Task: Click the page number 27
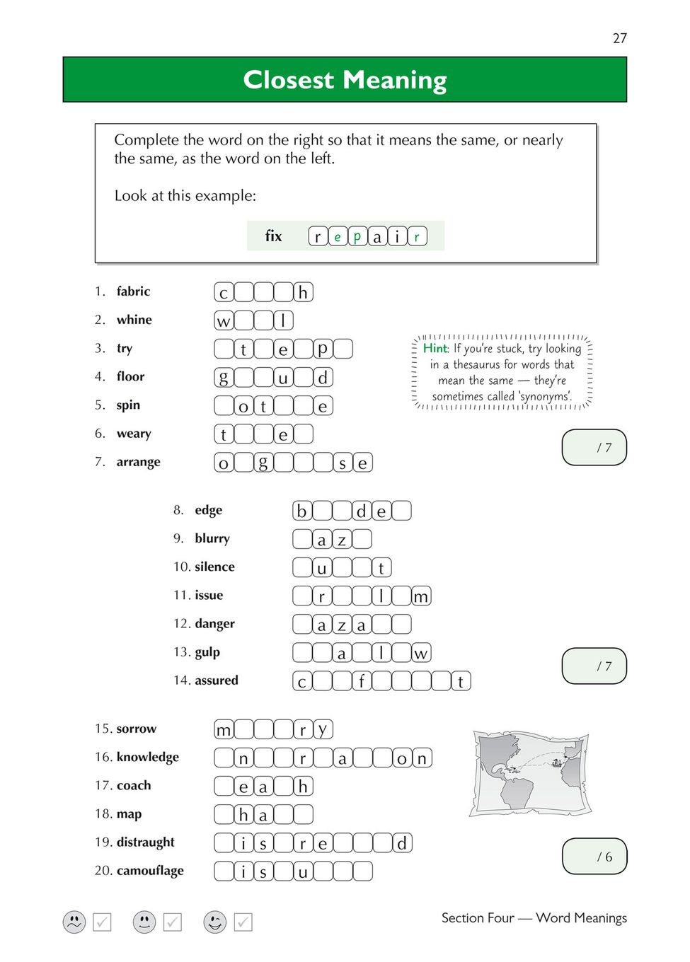tap(619, 38)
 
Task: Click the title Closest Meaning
tap(345, 80)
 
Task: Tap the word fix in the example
tap(273, 236)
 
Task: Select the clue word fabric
tap(133, 291)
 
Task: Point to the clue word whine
tap(134, 320)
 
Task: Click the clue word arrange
tap(138, 462)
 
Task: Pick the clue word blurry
tap(212, 538)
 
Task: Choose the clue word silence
tap(214, 567)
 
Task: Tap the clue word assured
tap(217, 680)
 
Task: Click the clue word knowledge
tap(147, 757)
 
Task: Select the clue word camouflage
tap(149, 871)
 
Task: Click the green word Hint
tap(435, 348)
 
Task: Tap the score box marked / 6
tap(594, 857)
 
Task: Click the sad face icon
tap(74, 922)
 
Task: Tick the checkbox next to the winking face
tap(243, 922)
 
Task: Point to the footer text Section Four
tap(478, 918)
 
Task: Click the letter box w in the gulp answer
tap(421, 653)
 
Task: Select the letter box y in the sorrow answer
tap(323, 729)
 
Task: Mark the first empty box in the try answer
tap(224, 349)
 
